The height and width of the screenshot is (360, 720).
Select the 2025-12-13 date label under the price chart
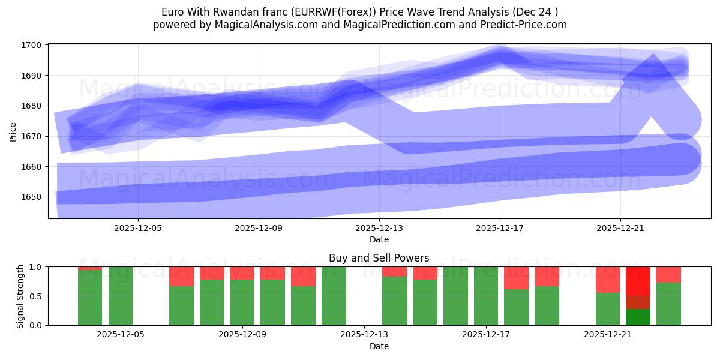(x=379, y=228)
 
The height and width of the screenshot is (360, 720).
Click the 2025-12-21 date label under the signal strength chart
(x=608, y=335)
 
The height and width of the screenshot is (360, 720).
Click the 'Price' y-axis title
(x=13, y=131)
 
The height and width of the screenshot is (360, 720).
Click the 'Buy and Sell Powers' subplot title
(x=379, y=258)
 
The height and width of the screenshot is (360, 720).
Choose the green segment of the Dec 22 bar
(x=638, y=317)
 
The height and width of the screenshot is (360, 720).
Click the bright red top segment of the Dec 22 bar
(x=638, y=281)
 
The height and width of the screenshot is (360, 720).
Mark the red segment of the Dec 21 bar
(x=608, y=279)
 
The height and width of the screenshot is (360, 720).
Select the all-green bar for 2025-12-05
(x=121, y=296)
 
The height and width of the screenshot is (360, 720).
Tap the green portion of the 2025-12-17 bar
(x=485, y=296)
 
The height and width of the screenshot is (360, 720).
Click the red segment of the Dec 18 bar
(x=516, y=278)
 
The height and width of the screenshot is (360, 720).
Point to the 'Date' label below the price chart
(x=379, y=239)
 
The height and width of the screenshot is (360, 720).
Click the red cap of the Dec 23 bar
(x=668, y=274)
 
